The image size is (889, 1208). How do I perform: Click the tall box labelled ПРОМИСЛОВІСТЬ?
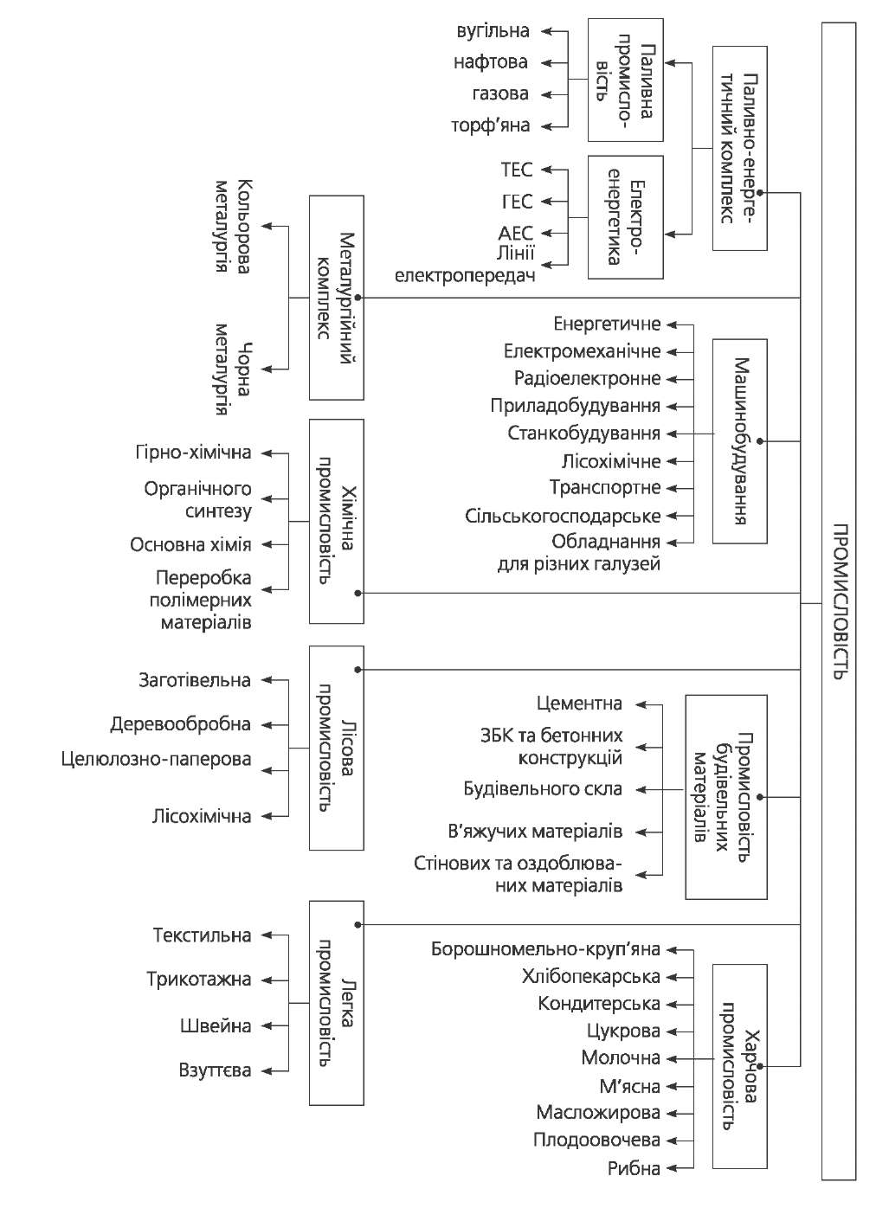pyautogui.click(x=838, y=601)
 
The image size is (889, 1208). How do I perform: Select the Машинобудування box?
pyautogui.click(x=739, y=441)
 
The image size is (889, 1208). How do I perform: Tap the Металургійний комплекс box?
pyautogui.click(x=337, y=298)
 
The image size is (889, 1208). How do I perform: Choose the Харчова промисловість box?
pyautogui.click(x=739, y=1069)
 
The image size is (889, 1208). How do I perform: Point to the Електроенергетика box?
pyautogui.click(x=625, y=217)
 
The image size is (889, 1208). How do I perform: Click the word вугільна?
pyautogui.click(x=493, y=32)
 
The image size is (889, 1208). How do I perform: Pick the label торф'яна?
pyautogui.click(x=490, y=126)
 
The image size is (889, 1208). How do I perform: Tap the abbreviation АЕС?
pyautogui.click(x=516, y=234)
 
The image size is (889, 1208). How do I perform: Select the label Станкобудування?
pyautogui.click(x=583, y=434)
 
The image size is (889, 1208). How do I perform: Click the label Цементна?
pyautogui.click(x=579, y=704)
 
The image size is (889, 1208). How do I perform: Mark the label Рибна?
pyautogui.click(x=634, y=1169)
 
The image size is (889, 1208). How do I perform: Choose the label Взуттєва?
pyautogui.click(x=216, y=1071)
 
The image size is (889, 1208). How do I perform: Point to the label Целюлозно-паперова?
pyautogui.click(x=157, y=760)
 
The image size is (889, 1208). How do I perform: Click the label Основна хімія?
pyautogui.click(x=190, y=545)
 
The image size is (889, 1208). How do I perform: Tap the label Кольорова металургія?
pyautogui.click(x=232, y=227)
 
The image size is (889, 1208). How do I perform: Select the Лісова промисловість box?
pyautogui.click(x=337, y=747)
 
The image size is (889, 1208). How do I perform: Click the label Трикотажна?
pyautogui.click(x=199, y=980)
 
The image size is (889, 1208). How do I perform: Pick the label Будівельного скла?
pyautogui.click(x=543, y=789)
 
